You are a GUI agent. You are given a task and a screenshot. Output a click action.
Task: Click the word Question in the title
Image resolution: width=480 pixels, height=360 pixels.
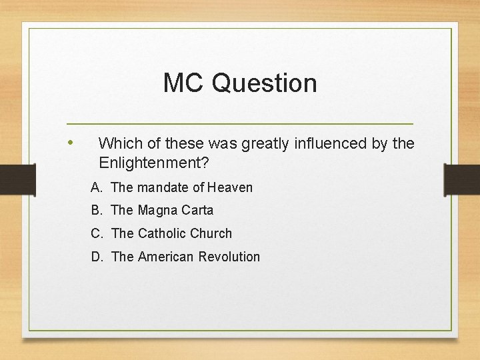click(264, 84)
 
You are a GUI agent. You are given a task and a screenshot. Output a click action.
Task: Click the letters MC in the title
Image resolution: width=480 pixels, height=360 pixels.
click(184, 83)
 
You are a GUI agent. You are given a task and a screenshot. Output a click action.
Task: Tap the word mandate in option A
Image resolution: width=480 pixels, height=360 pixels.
click(162, 187)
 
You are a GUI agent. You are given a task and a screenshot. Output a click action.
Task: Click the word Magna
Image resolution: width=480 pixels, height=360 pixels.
click(158, 210)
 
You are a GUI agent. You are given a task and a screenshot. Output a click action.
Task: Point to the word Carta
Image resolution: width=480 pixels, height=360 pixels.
click(197, 210)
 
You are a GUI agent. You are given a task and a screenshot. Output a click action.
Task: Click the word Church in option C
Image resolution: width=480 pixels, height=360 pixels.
click(211, 233)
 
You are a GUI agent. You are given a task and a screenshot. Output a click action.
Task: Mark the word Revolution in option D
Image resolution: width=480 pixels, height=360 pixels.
click(231, 257)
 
